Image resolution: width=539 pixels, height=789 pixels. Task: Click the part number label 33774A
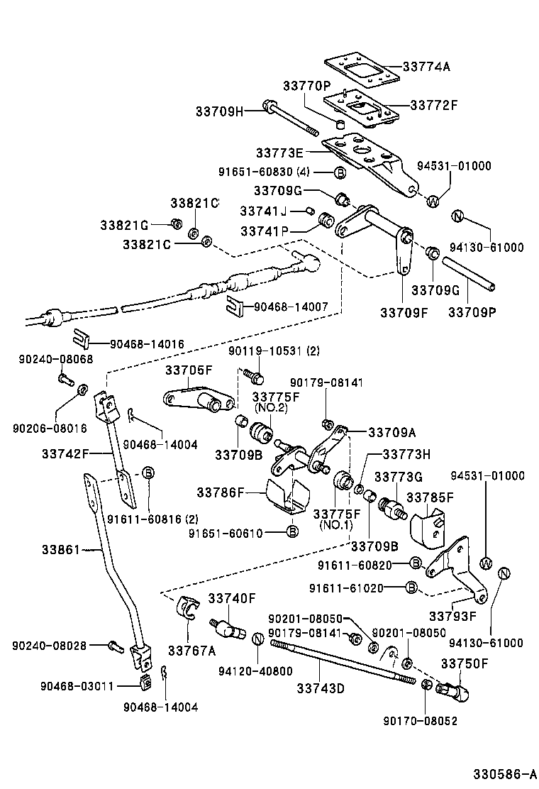426,67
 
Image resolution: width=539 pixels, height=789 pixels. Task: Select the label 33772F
433,104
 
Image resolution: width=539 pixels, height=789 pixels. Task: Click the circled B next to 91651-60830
340,172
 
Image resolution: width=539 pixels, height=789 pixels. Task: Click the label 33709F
404,311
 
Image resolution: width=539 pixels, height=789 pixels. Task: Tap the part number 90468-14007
291,307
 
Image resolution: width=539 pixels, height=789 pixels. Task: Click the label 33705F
189,370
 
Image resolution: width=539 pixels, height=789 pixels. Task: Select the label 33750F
465,663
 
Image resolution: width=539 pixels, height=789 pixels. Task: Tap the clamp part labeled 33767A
188,609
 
